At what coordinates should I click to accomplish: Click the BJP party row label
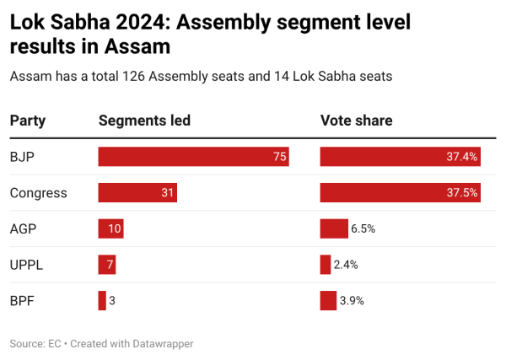tap(22, 157)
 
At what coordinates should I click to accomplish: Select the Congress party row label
tap(38, 193)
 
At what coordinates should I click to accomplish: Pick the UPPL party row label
tap(26, 265)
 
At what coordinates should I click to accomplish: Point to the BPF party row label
tap(22, 300)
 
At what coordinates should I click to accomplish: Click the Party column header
tap(27, 121)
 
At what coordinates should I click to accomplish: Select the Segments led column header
tap(144, 121)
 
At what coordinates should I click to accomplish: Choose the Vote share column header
tap(356, 121)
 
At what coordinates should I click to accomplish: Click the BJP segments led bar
tap(193, 157)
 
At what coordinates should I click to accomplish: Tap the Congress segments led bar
tap(137, 193)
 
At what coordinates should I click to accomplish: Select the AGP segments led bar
tap(110, 228)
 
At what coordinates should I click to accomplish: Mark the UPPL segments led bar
tap(107, 265)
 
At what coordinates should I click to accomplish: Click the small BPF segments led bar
tap(102, 300)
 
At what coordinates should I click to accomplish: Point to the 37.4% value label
tap(463, 157)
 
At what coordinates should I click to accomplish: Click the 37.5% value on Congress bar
tap(463, 193)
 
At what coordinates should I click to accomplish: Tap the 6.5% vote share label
tap(363, 228)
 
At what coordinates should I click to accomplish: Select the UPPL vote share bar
tap(326, 265)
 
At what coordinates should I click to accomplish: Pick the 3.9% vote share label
tap(352, 300)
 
